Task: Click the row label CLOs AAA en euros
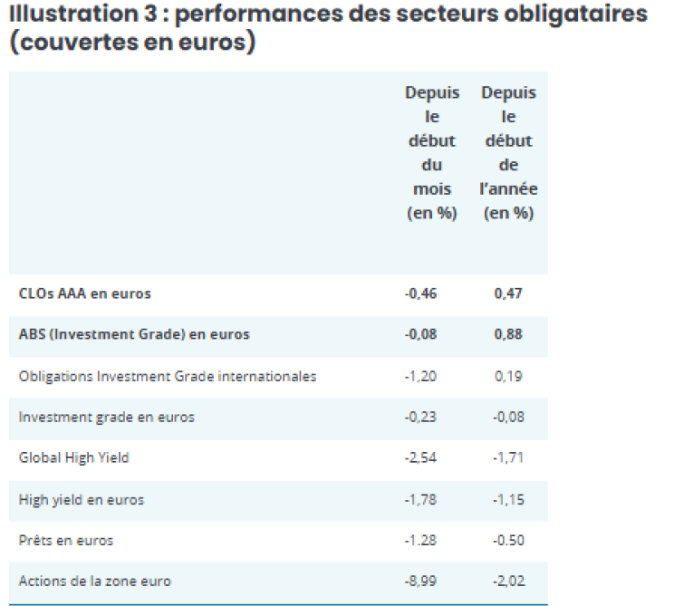click(84, 293)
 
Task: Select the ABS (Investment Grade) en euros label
click(134, 334)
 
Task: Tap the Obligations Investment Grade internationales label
click(168, 377)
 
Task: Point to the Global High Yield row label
click(74, 457)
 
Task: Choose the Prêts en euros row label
click(66, 540)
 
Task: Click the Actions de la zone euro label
click(95, 581)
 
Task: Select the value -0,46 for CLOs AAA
click(420, 293)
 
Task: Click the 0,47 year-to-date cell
click(508, 293)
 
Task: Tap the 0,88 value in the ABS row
click(508, 334)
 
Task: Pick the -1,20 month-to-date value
click(420, 377)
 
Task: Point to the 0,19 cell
click(508, 377)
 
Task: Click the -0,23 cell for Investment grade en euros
click(420, 417)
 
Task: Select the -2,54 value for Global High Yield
click(420, 457)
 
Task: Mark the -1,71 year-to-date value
click(508, 457)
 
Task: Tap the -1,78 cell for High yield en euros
click(420, 500)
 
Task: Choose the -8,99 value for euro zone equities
click(420, 581)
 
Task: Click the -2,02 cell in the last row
click(509, 581)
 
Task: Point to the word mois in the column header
click(432, 189)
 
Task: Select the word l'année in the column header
click(508, 189)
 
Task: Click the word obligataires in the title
click(575, 14)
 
